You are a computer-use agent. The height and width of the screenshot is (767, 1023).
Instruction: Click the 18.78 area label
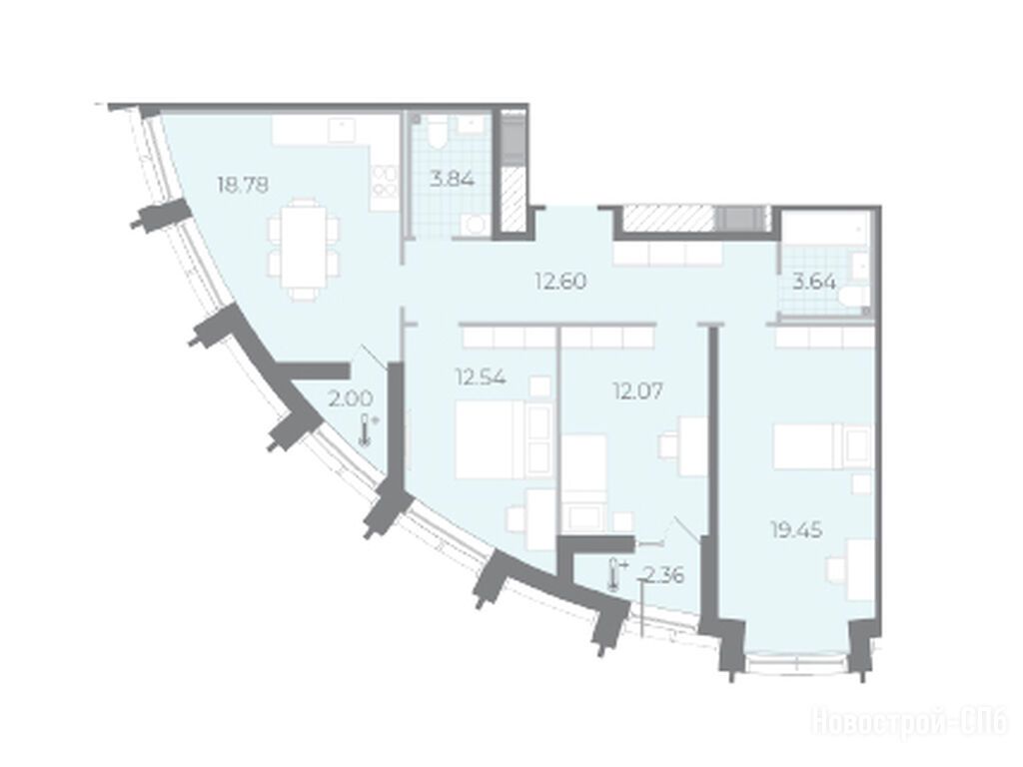(243, 185)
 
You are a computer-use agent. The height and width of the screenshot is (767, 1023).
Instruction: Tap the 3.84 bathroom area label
(452, 178)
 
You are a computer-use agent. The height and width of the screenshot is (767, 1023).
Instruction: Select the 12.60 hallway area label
(560, 281)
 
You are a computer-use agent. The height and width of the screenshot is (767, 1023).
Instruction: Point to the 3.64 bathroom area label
(813, 283)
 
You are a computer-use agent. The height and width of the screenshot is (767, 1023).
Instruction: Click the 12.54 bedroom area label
(481, 378)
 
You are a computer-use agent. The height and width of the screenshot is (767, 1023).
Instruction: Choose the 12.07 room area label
(637, 390)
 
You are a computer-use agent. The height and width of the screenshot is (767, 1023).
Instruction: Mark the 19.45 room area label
(796, 530)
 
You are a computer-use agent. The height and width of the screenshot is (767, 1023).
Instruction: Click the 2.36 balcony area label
(663, 575)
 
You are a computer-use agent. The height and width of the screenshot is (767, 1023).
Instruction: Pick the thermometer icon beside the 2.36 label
(615, 574)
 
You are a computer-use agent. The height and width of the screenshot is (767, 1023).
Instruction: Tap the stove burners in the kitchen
(386, 181)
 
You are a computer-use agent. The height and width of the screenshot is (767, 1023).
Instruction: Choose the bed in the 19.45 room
(823, 446)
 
